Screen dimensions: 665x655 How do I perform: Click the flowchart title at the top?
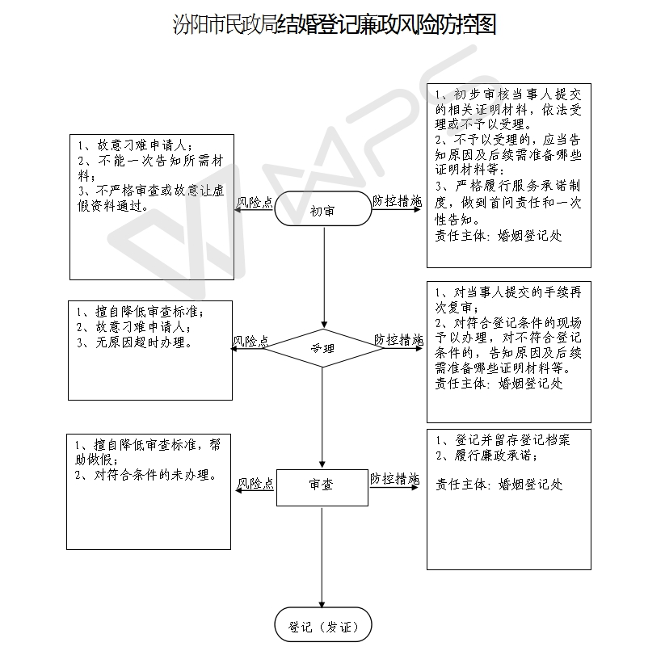click(x=335, y=24)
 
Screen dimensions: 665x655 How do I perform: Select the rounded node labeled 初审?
click(x=323, y=208)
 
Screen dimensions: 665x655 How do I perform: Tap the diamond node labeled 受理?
click(x=322, y=348)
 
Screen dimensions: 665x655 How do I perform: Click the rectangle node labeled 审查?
click(x=322, y=488)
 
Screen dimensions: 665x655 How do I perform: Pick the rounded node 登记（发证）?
click(x=323, y=624)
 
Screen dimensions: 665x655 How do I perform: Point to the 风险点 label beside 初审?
click(x=255, y=202)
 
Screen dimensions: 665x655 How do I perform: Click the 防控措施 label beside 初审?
click(x=398, y=201)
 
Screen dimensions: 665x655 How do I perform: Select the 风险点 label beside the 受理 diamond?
click(x=250, y=342)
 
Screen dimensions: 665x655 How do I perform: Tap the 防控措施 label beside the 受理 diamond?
click(x=398, y=339)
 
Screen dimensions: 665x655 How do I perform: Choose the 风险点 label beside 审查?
click(x=255, y=483)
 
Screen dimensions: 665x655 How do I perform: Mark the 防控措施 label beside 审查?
click(x=395, y=479)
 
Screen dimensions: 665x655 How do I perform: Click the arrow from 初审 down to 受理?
click(x=325, y=278)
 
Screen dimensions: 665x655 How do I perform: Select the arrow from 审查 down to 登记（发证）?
click(x=322, y=557)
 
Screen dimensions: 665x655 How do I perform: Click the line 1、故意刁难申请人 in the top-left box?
click(x=135, y=145)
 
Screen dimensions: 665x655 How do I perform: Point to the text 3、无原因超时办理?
click(x=134, y=342)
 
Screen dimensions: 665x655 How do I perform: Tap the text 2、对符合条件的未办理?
click(x=146, y=475)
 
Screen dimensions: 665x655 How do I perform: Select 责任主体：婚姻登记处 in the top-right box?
click(x=499, y=236)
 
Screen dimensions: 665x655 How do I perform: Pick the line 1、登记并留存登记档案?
click(x=503, y=440)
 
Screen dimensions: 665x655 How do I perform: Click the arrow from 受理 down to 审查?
click(x=322, y=418)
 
